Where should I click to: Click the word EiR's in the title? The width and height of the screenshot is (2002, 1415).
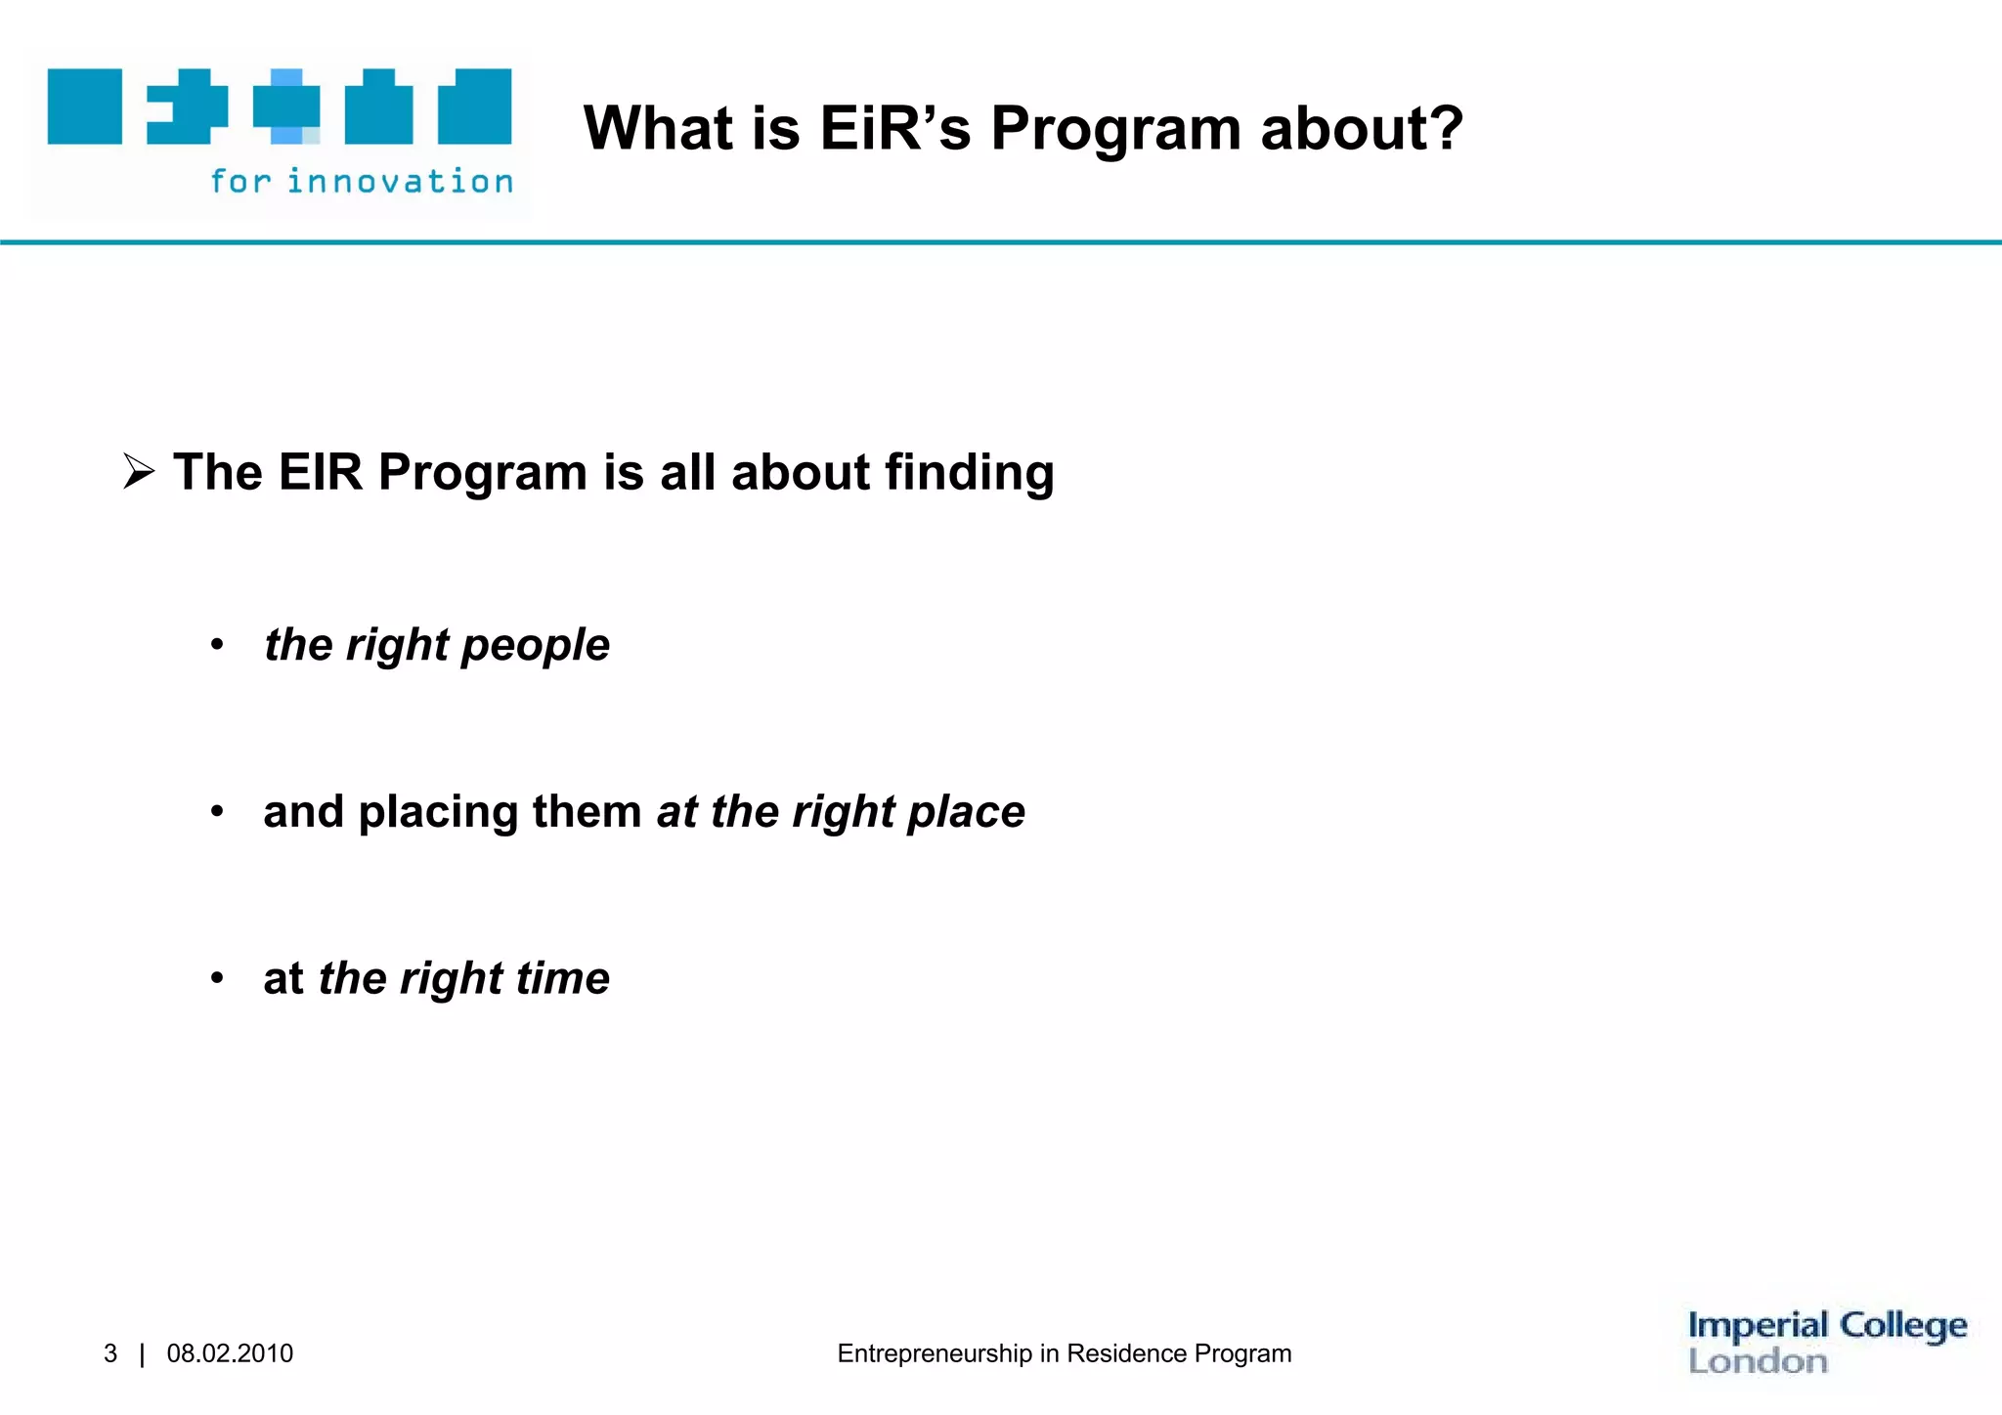[894, 129]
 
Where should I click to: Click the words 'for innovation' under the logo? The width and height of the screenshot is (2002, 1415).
[362, 182]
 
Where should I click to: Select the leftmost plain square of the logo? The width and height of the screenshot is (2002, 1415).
[85, 107]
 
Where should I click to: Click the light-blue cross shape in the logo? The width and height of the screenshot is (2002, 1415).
[286, 107]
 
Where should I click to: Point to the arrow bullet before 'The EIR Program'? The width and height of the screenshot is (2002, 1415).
[139, 473]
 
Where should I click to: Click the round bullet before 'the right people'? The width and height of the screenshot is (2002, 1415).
[217, 645]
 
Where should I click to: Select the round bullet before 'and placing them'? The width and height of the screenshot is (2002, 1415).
[217, 811]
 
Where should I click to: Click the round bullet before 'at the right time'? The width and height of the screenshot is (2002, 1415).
[217, 978]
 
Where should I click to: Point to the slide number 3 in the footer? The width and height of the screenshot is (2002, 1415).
[110, 1353]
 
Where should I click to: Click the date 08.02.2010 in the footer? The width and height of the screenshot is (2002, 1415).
[230, 1353]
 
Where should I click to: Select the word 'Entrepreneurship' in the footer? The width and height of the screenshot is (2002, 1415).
[935, 1353]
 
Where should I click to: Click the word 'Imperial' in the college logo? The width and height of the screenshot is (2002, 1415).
[1758, 1326]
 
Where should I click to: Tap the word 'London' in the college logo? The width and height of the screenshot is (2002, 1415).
[1758, 1361]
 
